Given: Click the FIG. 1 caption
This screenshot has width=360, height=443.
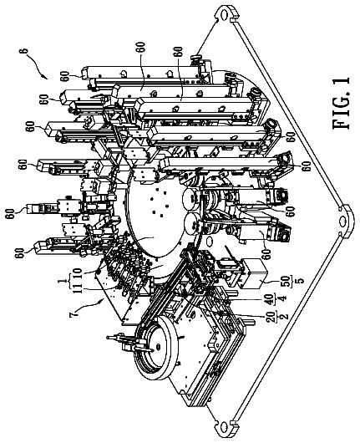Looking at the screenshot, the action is (341, 103).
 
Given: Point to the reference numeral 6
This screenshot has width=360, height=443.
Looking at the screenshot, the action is (25, 51).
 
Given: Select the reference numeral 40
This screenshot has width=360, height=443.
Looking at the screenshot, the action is (271, 298).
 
